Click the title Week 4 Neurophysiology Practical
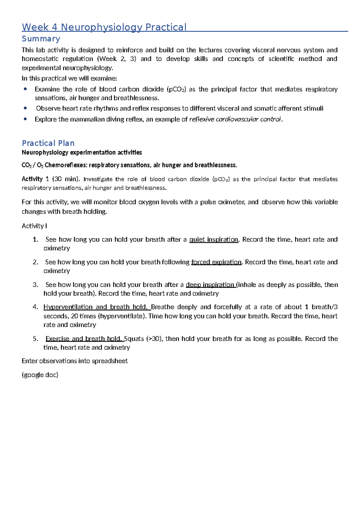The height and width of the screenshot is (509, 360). (104, 27)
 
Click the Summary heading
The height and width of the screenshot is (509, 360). (41, 39)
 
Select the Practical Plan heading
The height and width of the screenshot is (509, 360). (48, 143)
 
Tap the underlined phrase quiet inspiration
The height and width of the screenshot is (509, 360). (214, 239)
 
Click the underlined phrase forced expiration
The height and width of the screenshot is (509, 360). (216, 262)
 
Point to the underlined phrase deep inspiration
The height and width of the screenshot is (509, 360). (210, 285)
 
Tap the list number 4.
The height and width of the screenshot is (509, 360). (35, 307)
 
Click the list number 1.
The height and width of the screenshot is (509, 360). (35, 239)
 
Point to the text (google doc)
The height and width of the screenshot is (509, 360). (40, 375)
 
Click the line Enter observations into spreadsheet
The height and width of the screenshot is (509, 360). (75, 361)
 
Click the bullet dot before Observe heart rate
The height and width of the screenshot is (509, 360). (25, 108)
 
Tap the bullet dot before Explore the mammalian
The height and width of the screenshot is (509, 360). (25, 119)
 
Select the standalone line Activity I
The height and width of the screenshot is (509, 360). (34, 226)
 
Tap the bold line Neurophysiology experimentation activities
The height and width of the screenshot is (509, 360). (82, 152)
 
